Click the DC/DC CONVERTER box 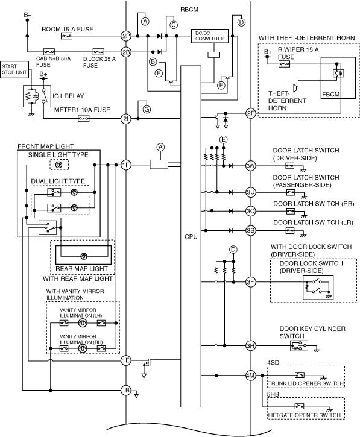(210, 36)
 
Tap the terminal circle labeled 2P (126, 36)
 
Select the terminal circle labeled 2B (126, 52)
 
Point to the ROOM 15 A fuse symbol (66, 36)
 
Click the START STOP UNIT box (14, 69)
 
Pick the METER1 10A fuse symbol (83, 119)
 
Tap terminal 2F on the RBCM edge (251, 113)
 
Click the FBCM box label (330, 94)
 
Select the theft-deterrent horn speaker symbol (296, 87)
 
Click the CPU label (191, 237)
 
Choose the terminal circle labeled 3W (251, 166)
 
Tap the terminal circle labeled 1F (126, 165)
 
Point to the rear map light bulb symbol (84, 256)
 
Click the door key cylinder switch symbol (299, 346)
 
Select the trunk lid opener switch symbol (299, 375)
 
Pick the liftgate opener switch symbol (299, 406)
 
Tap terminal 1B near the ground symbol (126, 390)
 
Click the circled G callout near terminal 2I (147, 110)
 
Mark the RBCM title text (189, 10)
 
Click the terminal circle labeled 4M (251, 376)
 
